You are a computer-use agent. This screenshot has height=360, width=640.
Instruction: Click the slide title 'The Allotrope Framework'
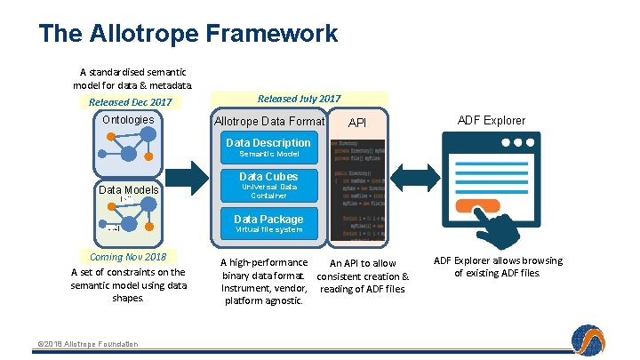tap(188, 34)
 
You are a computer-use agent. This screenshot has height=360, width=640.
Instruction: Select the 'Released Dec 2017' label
tap(130, 102)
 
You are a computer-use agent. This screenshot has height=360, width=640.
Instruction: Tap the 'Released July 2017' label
tap(299, 99)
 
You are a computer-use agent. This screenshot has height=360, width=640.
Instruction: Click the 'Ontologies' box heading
tap(128, 120)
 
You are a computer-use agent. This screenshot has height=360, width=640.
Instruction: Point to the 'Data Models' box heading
tap(128, 189)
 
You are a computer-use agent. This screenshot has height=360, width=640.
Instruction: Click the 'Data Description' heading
tap(268, 143)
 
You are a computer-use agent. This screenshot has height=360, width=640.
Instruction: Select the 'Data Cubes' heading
tap(268, 177)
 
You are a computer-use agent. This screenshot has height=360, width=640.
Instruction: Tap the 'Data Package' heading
tap(268, 220)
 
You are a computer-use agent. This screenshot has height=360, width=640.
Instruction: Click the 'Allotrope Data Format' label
tap(269, 121)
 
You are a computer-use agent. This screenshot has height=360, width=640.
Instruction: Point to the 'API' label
tap(356, 122)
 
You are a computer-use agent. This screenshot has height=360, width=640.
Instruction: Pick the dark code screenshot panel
tap(357, 189)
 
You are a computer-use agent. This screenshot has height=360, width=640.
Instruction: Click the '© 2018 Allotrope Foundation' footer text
tap(87, 344)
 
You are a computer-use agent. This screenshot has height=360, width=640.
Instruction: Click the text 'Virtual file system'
tap(268, 230)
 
